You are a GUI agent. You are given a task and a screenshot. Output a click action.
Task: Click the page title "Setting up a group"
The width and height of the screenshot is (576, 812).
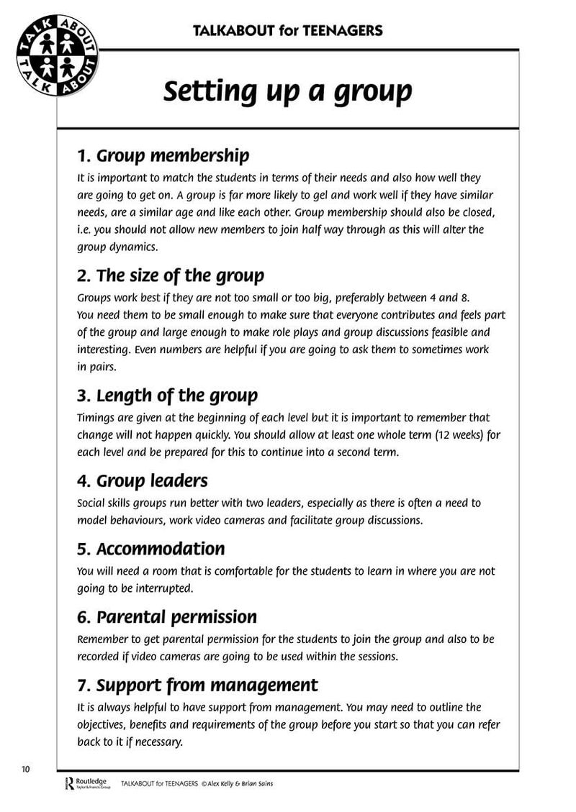287,92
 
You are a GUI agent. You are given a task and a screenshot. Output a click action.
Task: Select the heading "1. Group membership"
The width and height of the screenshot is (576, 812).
163,155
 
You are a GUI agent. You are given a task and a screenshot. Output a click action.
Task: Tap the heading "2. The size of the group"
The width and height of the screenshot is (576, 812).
171,275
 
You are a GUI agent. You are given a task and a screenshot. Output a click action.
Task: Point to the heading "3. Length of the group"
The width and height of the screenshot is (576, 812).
167,396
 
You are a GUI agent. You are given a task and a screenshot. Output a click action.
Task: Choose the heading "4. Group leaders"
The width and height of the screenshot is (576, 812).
142,480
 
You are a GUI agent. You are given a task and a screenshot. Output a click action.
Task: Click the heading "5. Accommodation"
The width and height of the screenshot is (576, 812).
150,549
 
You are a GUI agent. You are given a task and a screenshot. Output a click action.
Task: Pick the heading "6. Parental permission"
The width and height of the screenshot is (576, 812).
167,617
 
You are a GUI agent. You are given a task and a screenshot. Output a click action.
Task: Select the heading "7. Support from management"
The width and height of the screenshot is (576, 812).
197,685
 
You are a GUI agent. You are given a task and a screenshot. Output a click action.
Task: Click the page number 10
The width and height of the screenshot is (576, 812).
26,770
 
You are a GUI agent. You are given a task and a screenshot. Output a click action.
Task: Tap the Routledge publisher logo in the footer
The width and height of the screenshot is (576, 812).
85,783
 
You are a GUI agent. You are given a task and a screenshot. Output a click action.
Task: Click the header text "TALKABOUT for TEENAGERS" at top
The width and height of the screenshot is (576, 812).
287,30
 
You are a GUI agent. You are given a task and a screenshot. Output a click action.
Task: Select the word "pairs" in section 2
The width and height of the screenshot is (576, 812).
103,366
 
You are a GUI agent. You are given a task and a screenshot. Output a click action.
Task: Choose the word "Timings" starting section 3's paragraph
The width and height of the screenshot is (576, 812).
95,418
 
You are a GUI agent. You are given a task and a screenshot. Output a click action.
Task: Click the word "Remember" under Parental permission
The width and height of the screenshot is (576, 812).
102,639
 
